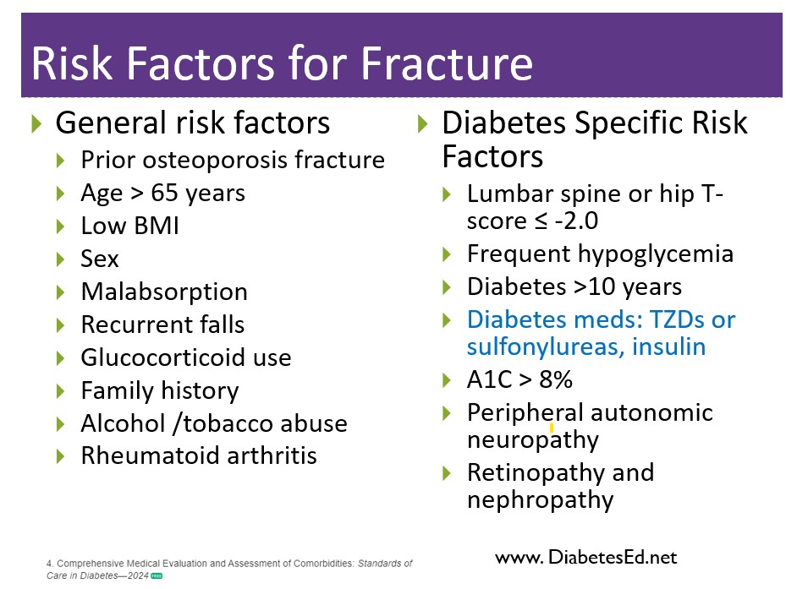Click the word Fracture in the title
coord(447,63)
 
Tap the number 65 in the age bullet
coord(164,193)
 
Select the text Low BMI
coord(130,226)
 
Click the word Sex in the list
coord(100,259)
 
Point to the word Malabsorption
coord(164,292)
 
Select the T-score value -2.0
coord(576,221)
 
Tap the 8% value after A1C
coord(556,379)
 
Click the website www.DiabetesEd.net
coord(586,558)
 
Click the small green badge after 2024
coord(157,575)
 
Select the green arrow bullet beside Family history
coord(60,391)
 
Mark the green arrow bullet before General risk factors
coord(36,124)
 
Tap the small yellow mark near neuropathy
coord(552,429)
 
